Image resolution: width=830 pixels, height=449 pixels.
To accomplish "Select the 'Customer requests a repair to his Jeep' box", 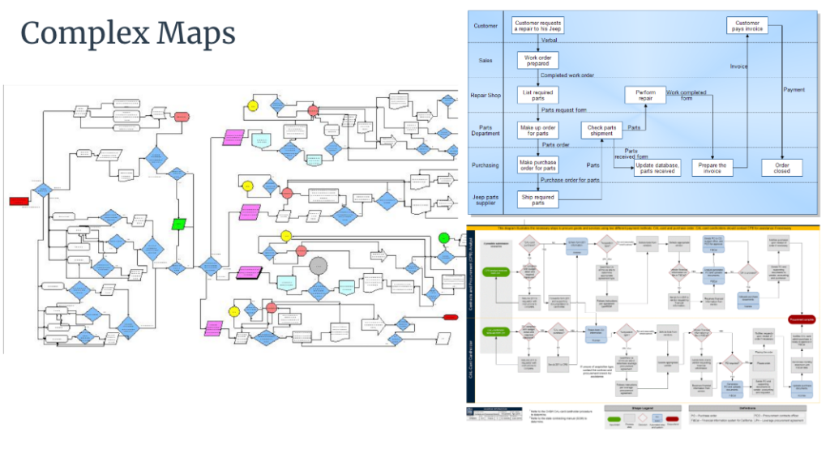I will click(x=538, y=25).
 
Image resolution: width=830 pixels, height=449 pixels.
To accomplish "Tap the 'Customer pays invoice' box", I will click(x=747, y=25).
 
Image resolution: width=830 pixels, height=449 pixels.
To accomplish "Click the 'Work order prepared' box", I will click(x=538, y=60).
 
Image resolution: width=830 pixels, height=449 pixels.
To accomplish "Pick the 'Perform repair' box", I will click(x=645, y=95).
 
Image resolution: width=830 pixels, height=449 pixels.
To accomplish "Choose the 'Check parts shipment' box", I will click(x=601, y=130).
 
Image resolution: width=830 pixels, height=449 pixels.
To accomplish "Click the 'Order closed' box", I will click(x=782, y=167).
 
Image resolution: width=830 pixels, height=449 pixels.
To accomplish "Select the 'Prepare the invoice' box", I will click(x=711, y=167).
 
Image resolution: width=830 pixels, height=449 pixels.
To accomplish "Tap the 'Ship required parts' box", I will click(x=538, y=199).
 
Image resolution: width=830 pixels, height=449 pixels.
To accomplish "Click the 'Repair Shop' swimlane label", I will click(x=486, y=95).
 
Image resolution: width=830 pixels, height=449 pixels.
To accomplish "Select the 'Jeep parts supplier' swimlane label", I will click(x=486, y=199).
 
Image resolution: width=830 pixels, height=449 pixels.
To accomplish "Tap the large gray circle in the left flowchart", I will click(x=319, y=265).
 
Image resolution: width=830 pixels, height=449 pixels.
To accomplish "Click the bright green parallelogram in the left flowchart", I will click(x=178, y=224).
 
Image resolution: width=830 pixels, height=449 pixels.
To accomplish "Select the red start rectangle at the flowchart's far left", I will click(x=19, y=201).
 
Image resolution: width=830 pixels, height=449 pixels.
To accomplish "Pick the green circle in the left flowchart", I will click(x=443, y=238).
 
